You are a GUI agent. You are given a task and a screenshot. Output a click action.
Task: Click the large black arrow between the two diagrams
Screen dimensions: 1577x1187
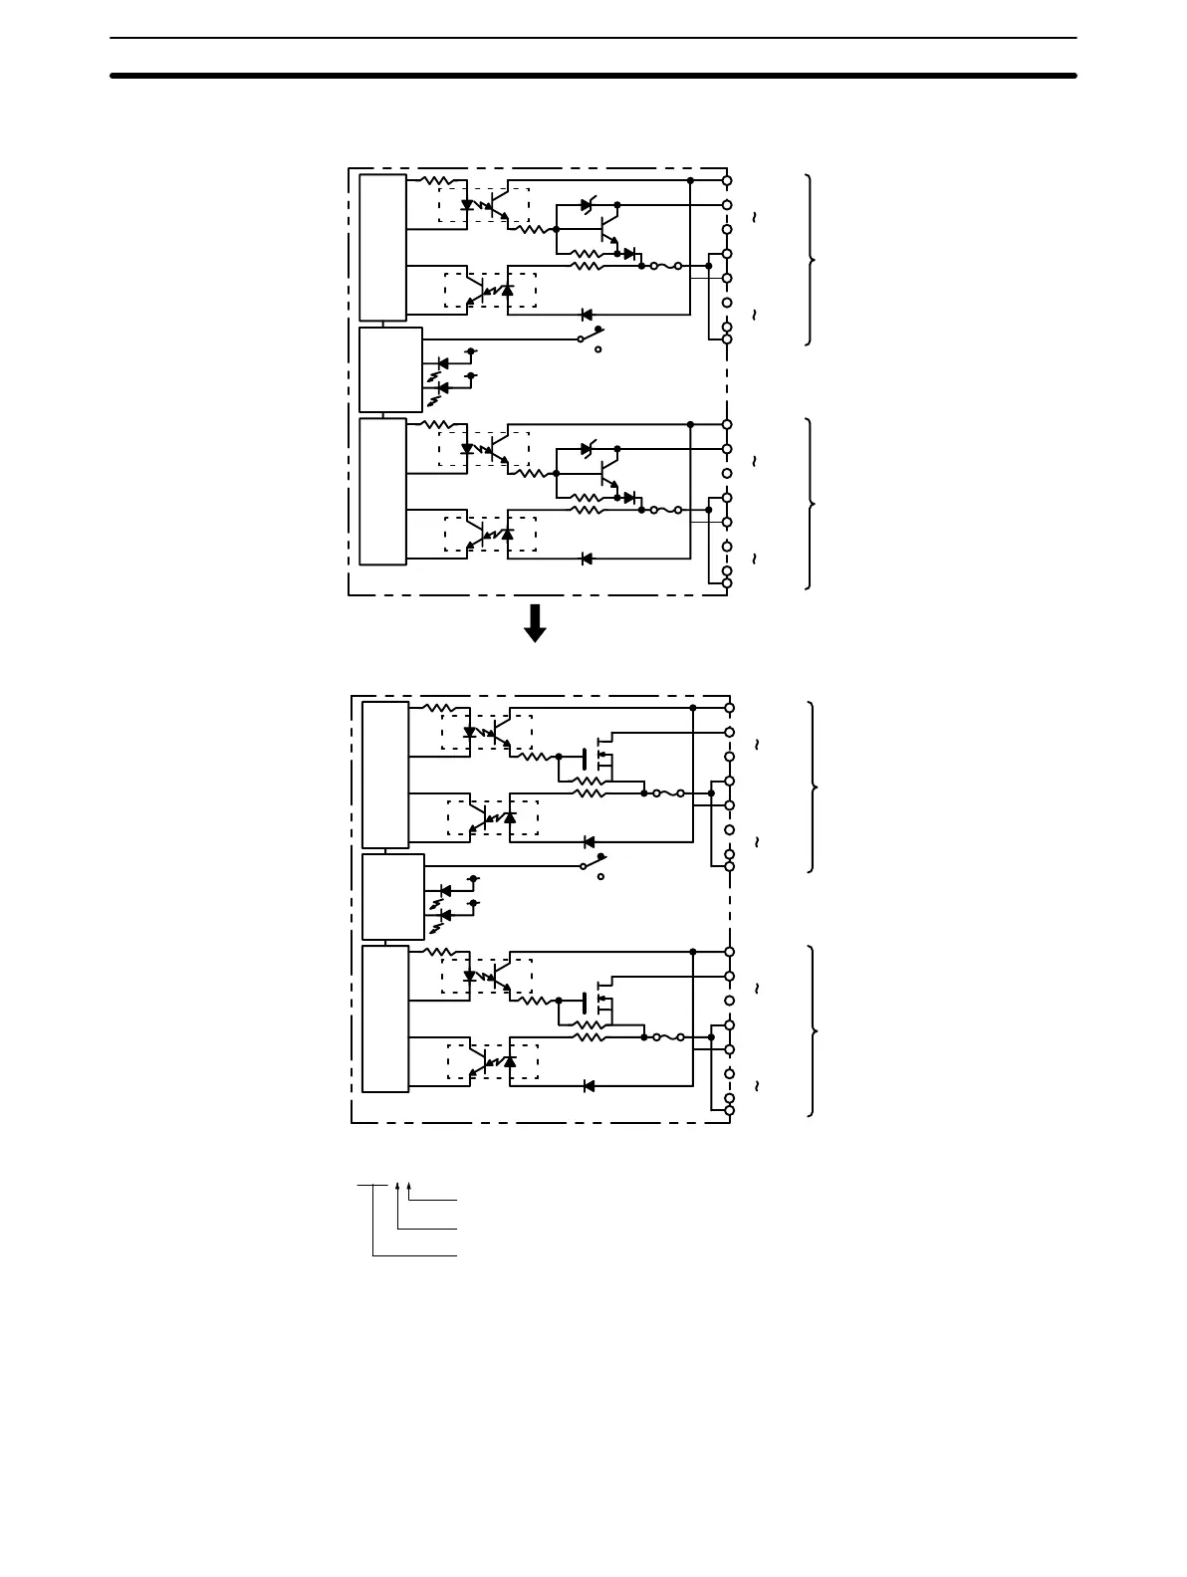click(535, 623)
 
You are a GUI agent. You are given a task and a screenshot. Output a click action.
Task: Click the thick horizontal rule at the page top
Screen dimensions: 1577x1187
click(593, 75)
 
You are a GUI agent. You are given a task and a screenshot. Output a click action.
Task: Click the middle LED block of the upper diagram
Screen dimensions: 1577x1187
click(390, 369)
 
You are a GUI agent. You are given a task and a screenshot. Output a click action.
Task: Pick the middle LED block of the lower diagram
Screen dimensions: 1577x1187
click(392, 897)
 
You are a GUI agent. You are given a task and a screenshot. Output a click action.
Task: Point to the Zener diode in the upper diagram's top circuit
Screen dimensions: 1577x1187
click(588, 205)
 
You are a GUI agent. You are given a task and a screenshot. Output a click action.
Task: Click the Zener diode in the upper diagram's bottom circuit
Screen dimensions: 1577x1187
click(588, 449)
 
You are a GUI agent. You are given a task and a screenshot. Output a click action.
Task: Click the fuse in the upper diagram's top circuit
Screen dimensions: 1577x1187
click(665, 267)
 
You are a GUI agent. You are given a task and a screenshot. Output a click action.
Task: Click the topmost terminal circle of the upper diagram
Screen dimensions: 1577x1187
click(727, 180)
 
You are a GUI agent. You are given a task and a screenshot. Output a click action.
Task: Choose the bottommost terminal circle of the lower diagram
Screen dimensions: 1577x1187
click(729, 1110)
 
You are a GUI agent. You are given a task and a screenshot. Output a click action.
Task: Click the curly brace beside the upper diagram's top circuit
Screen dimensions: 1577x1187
click(812, 260)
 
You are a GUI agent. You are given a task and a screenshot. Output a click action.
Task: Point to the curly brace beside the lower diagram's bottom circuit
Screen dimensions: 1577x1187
click(815, 1031)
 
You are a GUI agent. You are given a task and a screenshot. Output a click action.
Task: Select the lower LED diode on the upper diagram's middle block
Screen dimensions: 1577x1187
click(443, 387)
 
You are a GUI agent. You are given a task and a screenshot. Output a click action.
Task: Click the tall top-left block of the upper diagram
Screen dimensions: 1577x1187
click(382, 248)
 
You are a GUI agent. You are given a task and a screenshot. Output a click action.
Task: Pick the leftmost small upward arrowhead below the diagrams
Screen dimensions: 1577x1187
click(398, 1187)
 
